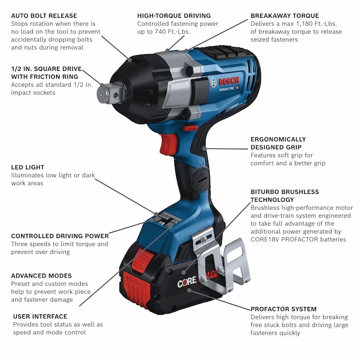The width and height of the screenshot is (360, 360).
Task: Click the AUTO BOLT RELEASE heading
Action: coord(44,16)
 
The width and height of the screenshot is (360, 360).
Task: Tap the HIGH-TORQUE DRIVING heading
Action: coord(174,16)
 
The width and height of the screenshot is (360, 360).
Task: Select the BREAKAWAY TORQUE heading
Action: coord(285,16)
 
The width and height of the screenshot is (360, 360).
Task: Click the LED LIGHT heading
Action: coord(27,167)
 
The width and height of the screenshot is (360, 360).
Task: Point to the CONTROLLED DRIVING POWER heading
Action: coord(60,236)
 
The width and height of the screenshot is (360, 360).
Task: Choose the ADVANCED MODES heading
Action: coord(41,276)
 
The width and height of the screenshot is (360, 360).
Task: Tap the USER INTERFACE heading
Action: coord(40,317)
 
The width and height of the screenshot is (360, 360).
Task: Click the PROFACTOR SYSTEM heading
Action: coord(284,309)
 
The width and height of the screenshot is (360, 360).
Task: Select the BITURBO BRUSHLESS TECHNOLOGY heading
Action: coord(285,196)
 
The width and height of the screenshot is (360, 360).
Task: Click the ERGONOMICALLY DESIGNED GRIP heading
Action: coord(278,143)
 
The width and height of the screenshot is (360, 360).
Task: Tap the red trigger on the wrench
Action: coord(169,144)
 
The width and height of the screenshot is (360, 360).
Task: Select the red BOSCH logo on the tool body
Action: coord(229,81)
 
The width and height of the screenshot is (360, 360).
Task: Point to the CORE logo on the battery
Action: coord(187,283)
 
